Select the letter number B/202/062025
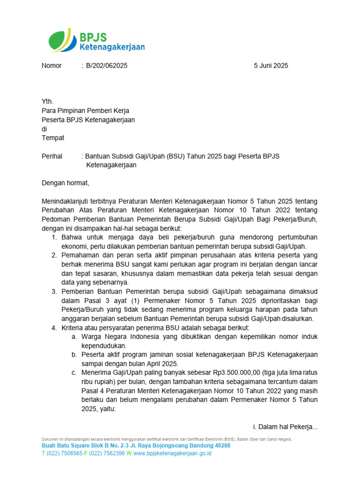106,66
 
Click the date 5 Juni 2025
271,66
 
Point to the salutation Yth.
48,102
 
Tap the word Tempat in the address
53,138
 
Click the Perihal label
52,156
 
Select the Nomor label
52,66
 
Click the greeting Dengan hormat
65,183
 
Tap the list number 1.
54,237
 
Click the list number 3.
54,292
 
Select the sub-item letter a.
74,337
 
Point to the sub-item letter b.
74,355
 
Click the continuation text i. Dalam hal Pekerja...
285,427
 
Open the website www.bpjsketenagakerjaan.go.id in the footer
172,453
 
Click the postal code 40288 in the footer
220,446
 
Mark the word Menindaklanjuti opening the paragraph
68,201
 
